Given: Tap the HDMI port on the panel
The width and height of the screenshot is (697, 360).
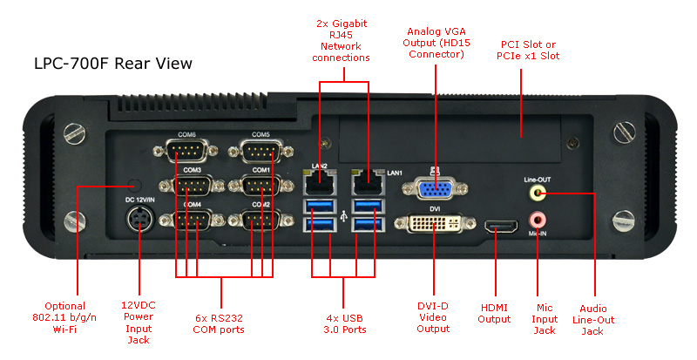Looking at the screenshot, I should tap(500, 229).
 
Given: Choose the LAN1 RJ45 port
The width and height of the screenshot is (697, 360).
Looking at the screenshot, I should tap(365, 183).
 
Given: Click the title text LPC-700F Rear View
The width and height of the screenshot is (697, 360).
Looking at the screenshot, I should tap(112, 64).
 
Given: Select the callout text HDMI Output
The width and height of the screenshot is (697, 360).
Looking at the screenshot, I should tap(494, 314).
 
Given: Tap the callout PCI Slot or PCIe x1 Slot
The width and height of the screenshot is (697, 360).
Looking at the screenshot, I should tap(530, 50).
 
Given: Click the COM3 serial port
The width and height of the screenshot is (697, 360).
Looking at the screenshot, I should tap(193, 185).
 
